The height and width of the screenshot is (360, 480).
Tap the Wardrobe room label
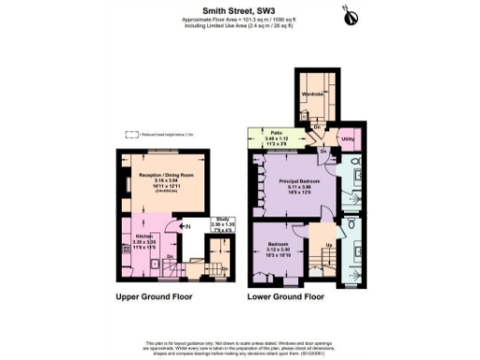tap(312, 94)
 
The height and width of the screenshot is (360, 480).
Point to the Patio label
tap(277, 133)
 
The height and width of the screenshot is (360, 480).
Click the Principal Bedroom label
tap(299, 179)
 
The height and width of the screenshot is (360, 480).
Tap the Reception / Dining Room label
tap(155, 175)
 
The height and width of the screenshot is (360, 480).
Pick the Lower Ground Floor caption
tap(285, 297)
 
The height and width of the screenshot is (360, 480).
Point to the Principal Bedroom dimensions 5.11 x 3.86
tap(299, 186)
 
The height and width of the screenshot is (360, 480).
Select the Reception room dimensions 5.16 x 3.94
tap(155, 181)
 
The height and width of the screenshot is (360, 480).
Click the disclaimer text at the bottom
tap(238, 344)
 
